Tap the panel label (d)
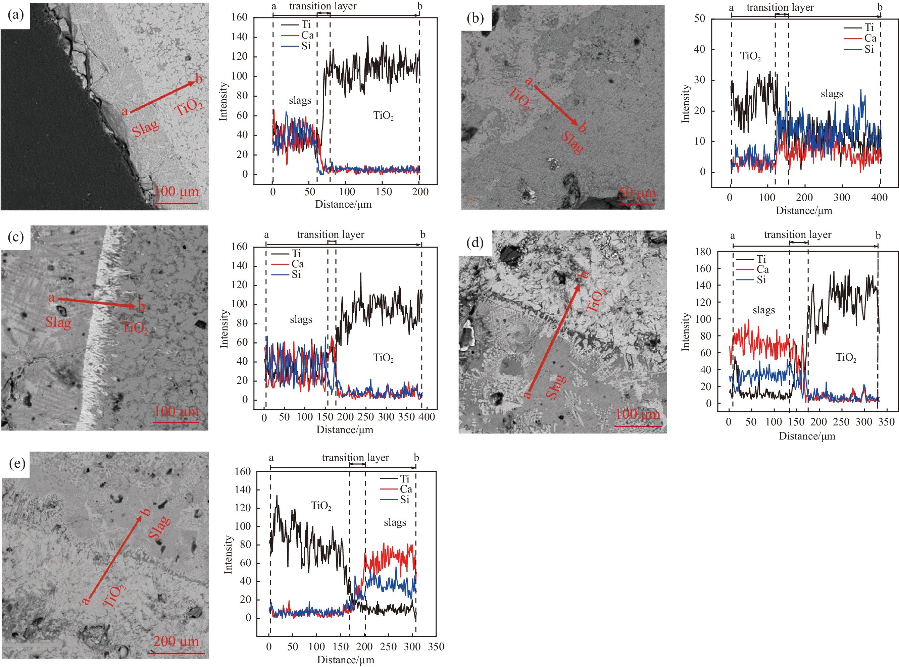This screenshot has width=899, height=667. tap(475, 243)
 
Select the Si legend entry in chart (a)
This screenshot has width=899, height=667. tap(306, 46)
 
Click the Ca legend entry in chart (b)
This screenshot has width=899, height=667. tap(870, 38)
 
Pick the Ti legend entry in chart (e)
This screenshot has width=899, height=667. tap(404, 479)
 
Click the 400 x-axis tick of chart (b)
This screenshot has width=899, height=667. tap(879, 197)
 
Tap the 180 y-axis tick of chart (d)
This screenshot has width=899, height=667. tap(703, 252)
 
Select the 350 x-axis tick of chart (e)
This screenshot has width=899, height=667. tap(436, 647)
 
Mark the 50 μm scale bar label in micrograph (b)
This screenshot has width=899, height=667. tap(637, 193)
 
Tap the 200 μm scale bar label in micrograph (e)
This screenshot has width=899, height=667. tap(176, 641)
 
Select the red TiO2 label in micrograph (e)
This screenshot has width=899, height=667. tap(114, 596)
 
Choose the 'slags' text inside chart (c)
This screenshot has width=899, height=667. tap(301, 319)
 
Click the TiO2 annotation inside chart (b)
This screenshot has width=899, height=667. tap(750, 56)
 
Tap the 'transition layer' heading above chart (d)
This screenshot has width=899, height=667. tap(797, 235)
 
